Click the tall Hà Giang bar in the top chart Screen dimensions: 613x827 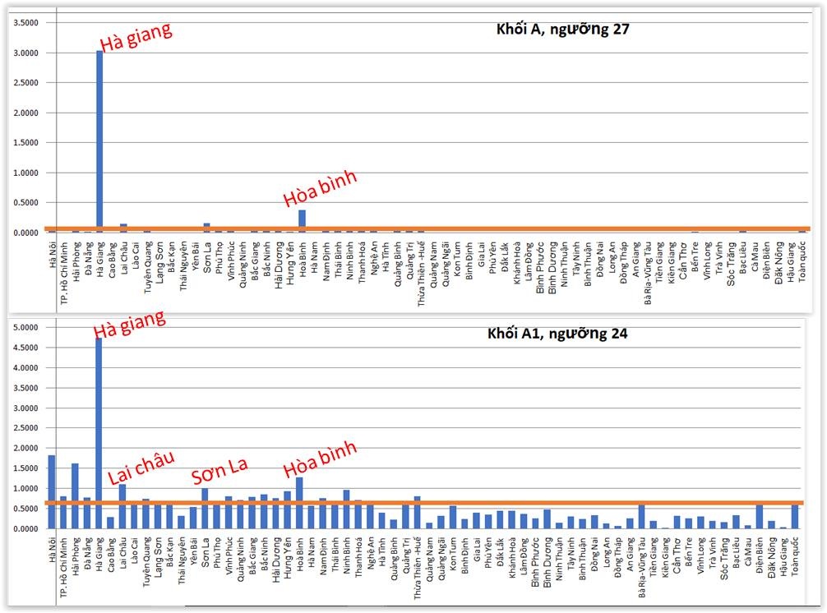click(x=99, y=140)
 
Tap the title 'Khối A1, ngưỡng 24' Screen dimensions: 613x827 click(x=557, y=334)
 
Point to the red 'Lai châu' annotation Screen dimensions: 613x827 click(x=141, y=468)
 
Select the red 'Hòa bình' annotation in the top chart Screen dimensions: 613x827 click(x=321, y=190)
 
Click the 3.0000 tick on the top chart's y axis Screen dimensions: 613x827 click(x=25, y=53)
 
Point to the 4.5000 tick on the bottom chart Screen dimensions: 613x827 click(x=25, y=348)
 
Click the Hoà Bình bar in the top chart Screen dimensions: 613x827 click(x=302, y=221)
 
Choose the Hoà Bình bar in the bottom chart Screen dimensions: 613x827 click(x=299, y=503)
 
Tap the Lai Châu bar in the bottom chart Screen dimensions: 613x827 click(x=122, y=506)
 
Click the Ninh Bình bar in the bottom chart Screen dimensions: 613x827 click(x=347, y=509)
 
